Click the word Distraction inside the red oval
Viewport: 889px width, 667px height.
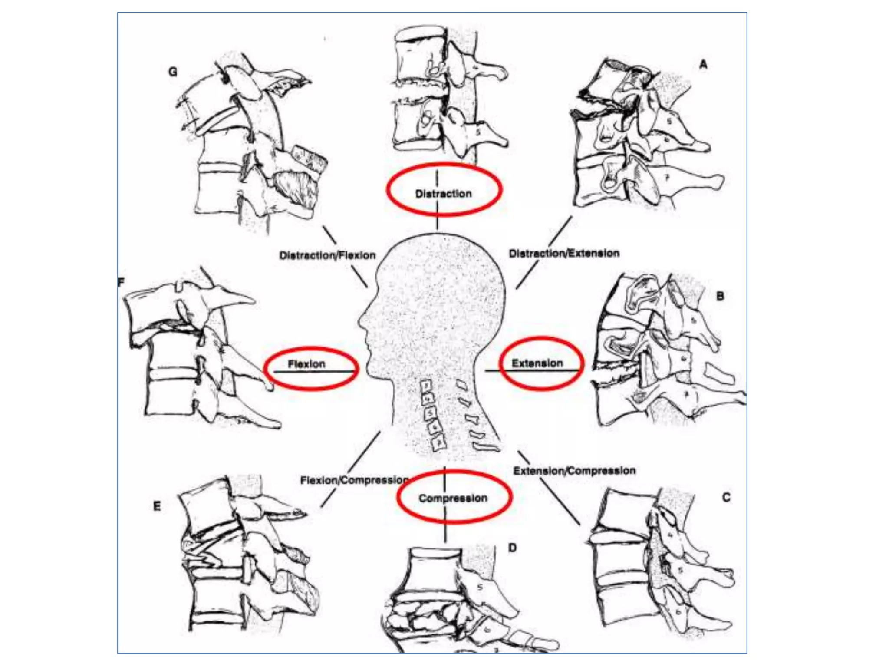tap(443, 194)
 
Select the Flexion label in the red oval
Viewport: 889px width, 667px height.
tap(306, 364)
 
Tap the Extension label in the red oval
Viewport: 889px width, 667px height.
tap(537, 363)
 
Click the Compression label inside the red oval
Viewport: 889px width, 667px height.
tap(453, 498)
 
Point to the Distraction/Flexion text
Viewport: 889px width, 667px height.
tap(327, 255)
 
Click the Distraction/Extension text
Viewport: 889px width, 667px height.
tap(564, 253)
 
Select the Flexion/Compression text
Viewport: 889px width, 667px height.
tap(354, 480)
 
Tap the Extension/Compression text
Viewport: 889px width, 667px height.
tap(574, 471)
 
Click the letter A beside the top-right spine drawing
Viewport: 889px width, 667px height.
tap(703, 65)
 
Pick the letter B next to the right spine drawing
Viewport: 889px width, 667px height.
tap(720, 296)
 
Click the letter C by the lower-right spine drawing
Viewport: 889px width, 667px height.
tap(726, 497)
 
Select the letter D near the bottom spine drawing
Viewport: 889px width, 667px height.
tap(512, 548)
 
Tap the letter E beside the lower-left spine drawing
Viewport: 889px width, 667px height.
tap(157, 506)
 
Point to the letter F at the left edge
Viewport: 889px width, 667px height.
tap(121, 282)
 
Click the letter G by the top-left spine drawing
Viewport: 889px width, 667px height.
tap(173, 72)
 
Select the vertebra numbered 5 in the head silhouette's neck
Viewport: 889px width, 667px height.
tap(430, 413)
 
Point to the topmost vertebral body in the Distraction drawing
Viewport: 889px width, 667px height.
tap(419, 54)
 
